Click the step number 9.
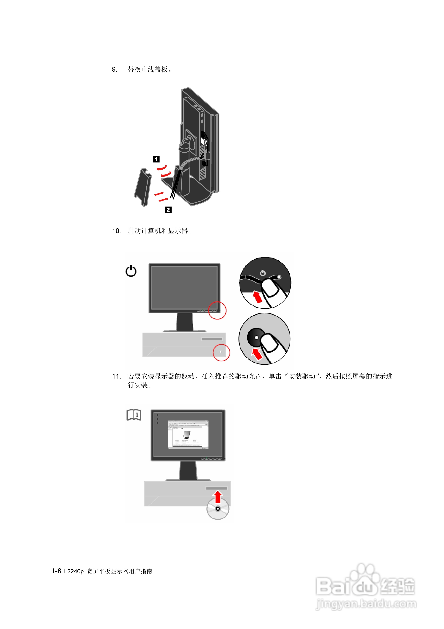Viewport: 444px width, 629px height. [x=114, y=70]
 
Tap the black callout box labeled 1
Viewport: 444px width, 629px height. [x=156, y=159]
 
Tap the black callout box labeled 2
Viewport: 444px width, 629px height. [x=168, y=210]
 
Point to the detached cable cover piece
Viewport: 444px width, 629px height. [x=143, y=187]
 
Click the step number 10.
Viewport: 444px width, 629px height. [x=116, y=231]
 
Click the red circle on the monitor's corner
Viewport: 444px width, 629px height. [x=217, y=310]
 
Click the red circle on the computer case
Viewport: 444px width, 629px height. [x=221, y=352]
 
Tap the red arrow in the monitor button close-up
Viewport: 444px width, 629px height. [x=257, y=297]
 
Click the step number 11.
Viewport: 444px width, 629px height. [x=116, y=377]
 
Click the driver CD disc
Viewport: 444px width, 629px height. [x=218, y=509]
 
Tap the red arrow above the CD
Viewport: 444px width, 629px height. [x=218, y=496]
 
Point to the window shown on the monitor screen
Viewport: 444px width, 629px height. [x=188, y=434]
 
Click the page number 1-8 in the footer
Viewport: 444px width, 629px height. [x=56, y=571]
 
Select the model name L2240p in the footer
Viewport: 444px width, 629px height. [x=74, y=571]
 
